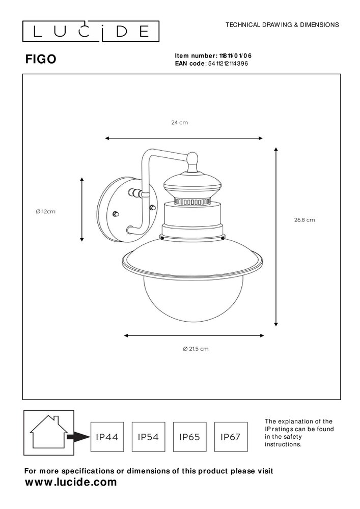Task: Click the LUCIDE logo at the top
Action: point(91,32)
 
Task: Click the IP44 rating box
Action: point(108,437)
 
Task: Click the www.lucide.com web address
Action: point(71,482)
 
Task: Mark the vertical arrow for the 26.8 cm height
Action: point(276,237)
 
